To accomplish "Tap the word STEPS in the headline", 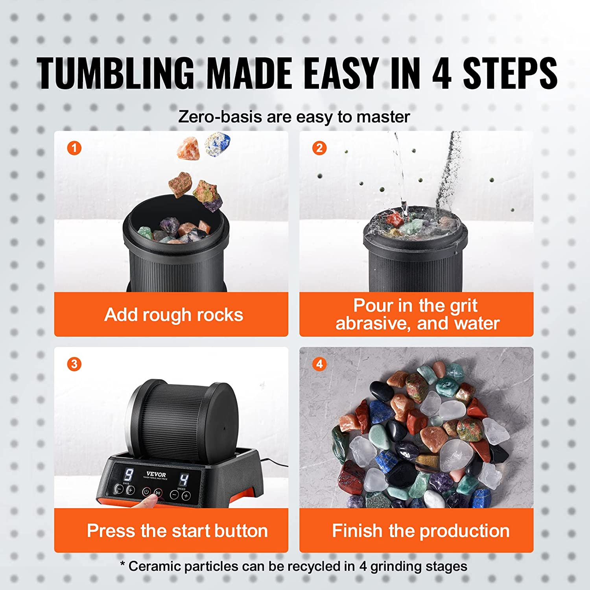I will pos(510,74).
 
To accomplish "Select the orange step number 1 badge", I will pos(74,148).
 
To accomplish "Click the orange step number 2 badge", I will pos(319,148).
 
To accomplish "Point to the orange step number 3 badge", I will pos(74,364).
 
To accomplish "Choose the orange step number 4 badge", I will pos(319,364).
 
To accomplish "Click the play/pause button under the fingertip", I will pos(158,493).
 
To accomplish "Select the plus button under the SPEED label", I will pos(186,496).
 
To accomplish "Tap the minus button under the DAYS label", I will pos(119,489).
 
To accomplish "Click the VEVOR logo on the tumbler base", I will pos(156,474).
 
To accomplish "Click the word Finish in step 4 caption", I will pos(357,531).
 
